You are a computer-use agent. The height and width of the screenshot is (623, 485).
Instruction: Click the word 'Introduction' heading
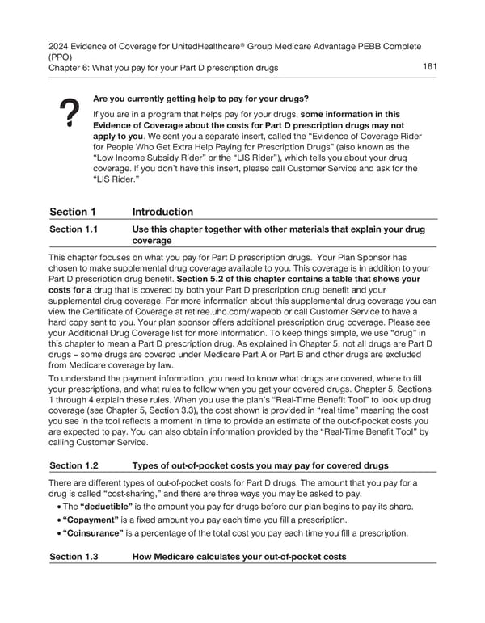point(162,212)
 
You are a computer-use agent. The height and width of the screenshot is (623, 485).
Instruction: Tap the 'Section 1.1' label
point(74,229)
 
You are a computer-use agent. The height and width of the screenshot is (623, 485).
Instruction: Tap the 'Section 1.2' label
point(74,465)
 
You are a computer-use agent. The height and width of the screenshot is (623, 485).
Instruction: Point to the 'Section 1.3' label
point(74,558)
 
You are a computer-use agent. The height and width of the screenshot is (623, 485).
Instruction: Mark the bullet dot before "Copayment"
point(54,520)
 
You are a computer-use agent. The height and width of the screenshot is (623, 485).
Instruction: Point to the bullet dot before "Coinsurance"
point(54,533)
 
